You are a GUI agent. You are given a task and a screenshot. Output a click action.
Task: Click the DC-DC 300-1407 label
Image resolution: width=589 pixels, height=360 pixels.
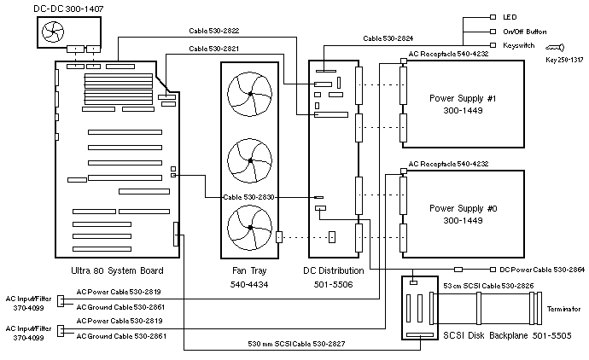click(x=43, y=9)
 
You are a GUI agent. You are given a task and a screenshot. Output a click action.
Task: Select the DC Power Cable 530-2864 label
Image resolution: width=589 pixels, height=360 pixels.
click(x=543, y=270)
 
